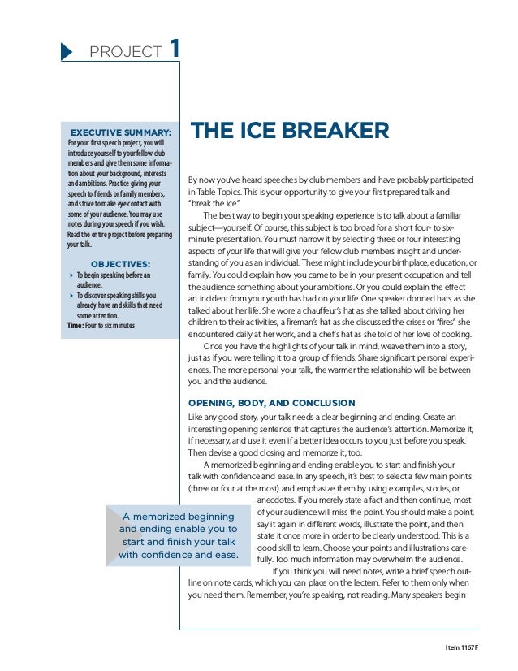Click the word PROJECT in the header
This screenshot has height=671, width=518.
[126, 53]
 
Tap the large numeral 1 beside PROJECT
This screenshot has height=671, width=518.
[174, 49]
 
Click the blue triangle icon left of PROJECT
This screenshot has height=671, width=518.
[68, 52]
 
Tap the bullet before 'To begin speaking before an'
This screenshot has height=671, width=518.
[71, 276]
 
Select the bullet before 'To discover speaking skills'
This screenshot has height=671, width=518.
[71, 297]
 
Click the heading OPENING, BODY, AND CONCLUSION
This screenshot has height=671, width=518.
[271, 403]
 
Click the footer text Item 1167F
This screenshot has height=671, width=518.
[459, 647]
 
